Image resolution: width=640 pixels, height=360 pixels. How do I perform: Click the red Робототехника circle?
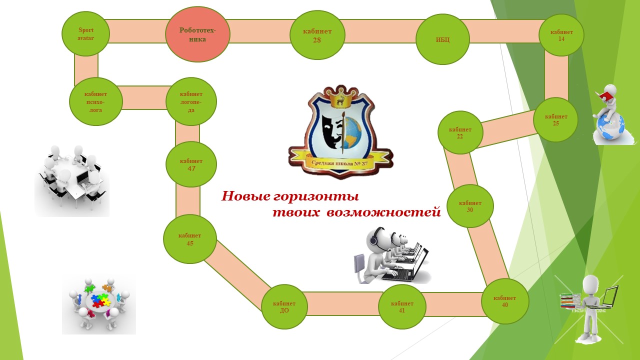pos(197,34)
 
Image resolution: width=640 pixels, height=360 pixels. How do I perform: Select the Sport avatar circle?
pos(85,33)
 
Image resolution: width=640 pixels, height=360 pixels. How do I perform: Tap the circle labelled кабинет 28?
pos(317,35)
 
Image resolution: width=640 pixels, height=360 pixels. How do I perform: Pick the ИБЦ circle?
pos(442,39)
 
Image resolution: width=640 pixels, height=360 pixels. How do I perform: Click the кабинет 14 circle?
pos(561,35)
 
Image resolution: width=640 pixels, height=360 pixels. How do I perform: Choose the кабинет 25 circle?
pos(555,119)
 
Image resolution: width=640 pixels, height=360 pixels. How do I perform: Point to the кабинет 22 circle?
pos(460,132)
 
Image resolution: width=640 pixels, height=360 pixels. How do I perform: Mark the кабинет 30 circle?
pos(470,206)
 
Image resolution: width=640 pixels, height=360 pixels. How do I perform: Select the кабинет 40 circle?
pos(504,301)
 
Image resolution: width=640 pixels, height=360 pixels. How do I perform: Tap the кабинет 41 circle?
pos(402,306)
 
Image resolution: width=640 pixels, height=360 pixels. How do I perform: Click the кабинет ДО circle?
pos(284,306)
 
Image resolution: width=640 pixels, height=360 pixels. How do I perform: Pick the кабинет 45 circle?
pos(190,239)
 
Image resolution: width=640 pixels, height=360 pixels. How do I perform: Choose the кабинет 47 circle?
pos(191,164)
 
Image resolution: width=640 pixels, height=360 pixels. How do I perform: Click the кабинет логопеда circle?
pos(191,101)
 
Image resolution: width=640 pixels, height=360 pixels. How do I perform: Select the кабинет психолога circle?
pos(96,101)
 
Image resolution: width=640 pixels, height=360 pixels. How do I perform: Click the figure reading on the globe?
pos(609,115)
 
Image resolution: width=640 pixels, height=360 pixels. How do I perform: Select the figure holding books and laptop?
pos(590,307)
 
